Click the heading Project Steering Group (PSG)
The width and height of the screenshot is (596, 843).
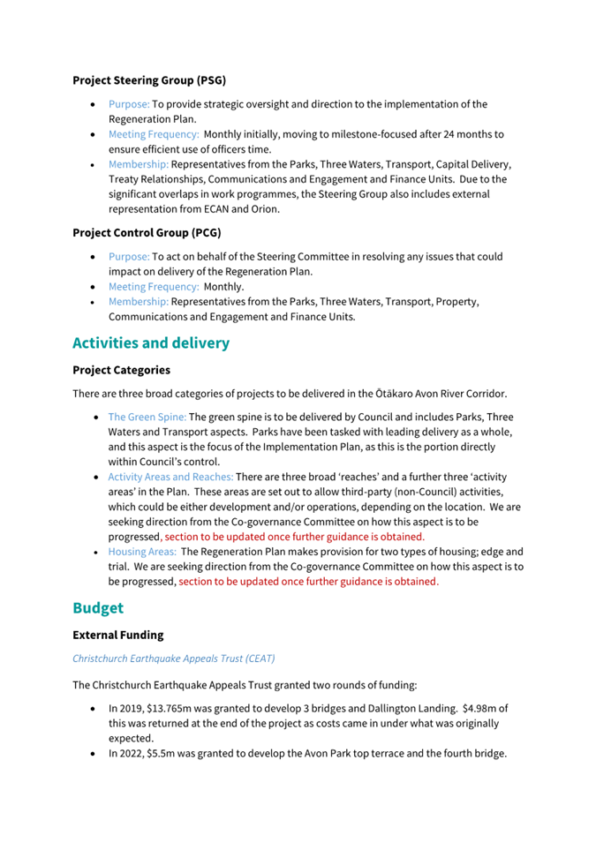point(149,80)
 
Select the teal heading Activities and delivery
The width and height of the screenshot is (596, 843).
point(151,342)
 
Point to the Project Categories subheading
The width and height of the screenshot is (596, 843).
point(121,370)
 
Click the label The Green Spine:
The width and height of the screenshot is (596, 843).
point(147,417)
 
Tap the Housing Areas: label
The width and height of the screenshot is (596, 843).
point(142,552)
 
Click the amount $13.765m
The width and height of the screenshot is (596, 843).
point(184,708)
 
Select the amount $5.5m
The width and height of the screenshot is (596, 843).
point(170,754)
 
